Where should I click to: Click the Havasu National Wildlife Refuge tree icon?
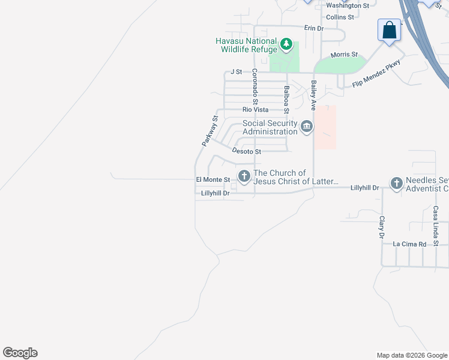[x=287, y=44]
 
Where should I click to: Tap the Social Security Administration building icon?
[x=307, y=127]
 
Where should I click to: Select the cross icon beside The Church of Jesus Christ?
[x=244, y=176]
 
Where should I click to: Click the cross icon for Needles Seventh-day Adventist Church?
[x=396, y=183]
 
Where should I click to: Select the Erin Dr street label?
[x=313, y=28]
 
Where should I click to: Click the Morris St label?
[x=344, y=55]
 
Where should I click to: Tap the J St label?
[x=236, y=72]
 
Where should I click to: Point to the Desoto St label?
[x=246, y=152]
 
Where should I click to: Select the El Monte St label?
[x=213, y=179]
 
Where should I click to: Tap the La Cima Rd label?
[x=409, y=244]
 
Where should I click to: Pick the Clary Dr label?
[x=381, y=228]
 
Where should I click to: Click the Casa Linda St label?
[x=436, y=226]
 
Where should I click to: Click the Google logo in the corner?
[x=20, y=353]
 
